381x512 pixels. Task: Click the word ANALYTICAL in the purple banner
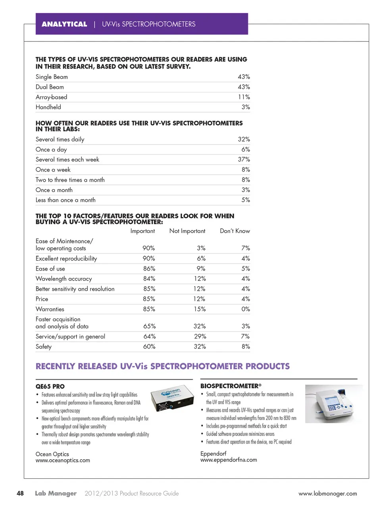[64, 24]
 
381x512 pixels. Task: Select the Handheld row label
[48, 107]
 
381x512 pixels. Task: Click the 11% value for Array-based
[244, 97]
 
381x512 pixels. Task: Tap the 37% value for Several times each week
[244, 160]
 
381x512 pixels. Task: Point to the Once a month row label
[54, 190]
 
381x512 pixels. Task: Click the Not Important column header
[187, 231]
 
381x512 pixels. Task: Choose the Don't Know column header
[235, 231]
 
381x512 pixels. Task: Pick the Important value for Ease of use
[149, 269]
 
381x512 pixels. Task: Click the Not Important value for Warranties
[200, 309]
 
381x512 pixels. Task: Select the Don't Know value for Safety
[246, 346]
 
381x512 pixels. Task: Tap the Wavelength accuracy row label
[63, 279]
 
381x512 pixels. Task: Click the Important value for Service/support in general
[149, 337]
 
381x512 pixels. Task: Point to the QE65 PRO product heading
[50, 387]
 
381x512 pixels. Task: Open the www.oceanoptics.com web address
[63, 460]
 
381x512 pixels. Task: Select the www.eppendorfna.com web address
[229, 460]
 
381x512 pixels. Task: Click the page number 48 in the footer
[20, 493]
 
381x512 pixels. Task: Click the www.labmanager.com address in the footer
[327, 494]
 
